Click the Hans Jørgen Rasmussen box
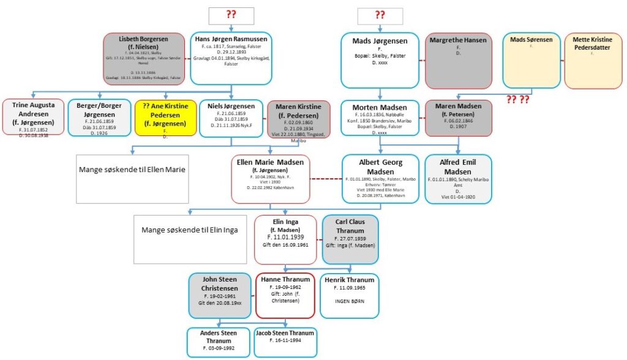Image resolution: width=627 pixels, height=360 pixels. click(x=231, y=58)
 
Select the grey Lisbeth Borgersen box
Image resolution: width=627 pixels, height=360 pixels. click(x=146, y=58)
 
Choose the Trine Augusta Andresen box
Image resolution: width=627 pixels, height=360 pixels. click(x=34, y=119)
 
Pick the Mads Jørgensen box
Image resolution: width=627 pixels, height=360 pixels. click(x=380, y=61)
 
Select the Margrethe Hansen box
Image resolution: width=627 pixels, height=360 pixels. click(x=459, y=61)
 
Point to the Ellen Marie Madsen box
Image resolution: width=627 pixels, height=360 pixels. click(x=271, y=179)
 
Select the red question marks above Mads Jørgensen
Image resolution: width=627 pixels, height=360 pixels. click(x=380, y=16)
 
